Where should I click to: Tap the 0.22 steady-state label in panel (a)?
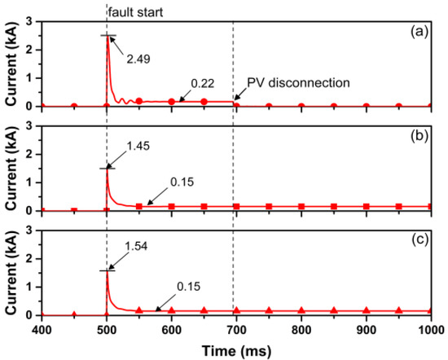pyautogui.click(x=203, y=83)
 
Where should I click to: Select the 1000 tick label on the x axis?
pyautogui.click(x=430, y=328)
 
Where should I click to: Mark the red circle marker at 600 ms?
pyautogui.click(x=172, y=101)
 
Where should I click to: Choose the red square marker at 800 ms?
pyautogui.click(x=301, y=206)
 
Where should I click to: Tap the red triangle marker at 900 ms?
pyautogui.click(x=367, y=310)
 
